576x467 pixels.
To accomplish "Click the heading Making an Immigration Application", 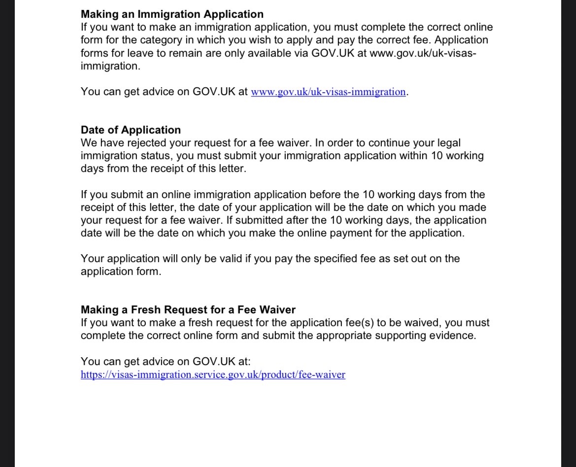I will pos(172,14).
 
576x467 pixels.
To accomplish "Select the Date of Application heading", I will pos(131,130).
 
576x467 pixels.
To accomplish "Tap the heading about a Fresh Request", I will pos(188,310).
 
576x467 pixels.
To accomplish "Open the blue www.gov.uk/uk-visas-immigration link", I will pos(329,92).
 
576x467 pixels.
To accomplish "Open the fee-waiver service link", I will pos(213,375).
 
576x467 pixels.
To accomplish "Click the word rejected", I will pos(147,143).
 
